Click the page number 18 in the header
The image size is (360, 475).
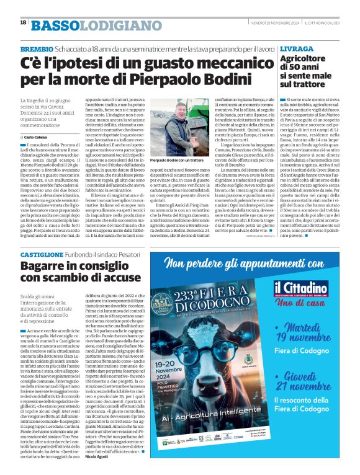point(24,23)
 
